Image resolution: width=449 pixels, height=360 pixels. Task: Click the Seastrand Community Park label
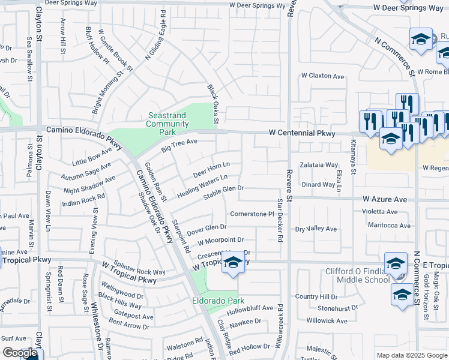coord(167,124)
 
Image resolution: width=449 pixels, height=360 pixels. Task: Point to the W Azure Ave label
coord(385,199)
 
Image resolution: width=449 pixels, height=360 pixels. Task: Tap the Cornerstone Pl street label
coord(252,214)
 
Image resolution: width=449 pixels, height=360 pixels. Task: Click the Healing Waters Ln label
coord(202,184)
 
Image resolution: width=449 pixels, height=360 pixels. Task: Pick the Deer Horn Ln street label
coord(211,169)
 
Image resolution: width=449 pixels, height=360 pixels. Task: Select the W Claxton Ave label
coord(323,76)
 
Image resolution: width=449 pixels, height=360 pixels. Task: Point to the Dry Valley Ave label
coord(316,229)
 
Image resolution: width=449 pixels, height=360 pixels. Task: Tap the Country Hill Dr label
coord(316,296)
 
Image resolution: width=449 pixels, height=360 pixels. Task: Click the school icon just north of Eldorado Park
coord(233,262)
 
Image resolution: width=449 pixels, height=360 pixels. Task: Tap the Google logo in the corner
coord(19,353)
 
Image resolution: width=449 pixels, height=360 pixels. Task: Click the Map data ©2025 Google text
coord(411,355)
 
